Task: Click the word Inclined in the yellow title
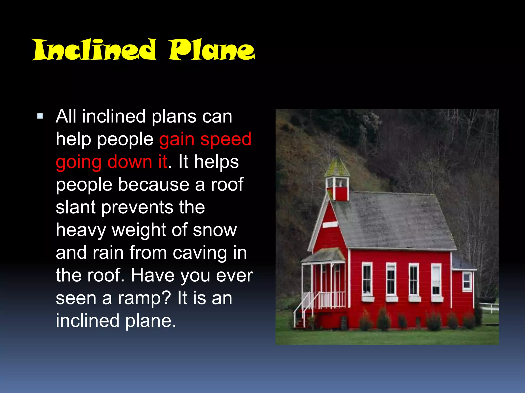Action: [94, 50]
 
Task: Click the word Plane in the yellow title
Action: [211, 50]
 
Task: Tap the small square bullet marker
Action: [40, 116]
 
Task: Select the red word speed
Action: [226, 140]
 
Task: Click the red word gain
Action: [177, 140]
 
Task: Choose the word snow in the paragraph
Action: [215, 230]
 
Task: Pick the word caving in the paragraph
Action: [200, 253]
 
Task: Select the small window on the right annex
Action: [467, 281]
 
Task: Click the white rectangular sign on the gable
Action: [330, 225]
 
